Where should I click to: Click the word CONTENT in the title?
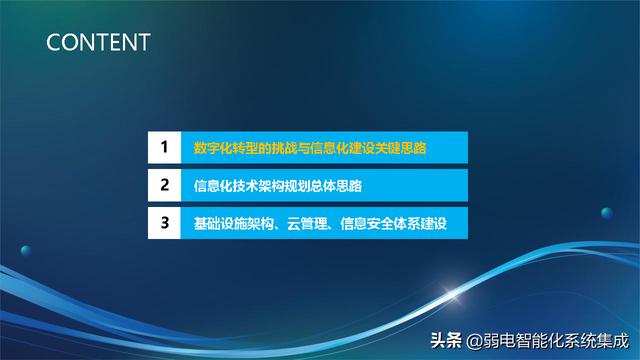click(98, 42)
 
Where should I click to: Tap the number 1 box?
click(163, 149)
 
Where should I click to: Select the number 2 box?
click(163, 186)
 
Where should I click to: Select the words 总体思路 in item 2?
click(336, 186)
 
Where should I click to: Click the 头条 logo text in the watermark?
click(447, 338)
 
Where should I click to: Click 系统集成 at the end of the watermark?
click(599, 338)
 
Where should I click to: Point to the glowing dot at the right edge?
click(606, 212)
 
